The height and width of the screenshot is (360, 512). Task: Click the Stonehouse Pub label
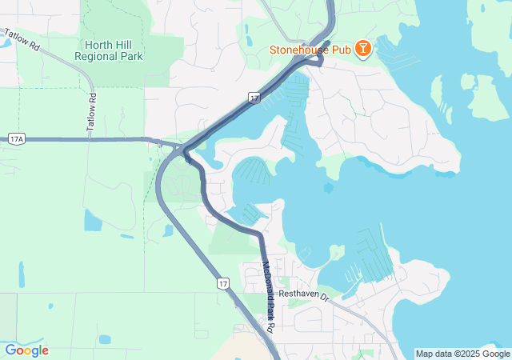(314, 50)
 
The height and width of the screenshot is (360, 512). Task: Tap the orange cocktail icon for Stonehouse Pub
(363, 49)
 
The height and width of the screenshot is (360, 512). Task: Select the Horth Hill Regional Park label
(109, 50)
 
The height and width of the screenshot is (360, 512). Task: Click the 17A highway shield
(18, 138)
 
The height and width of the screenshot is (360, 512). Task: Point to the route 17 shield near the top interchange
(254, 97)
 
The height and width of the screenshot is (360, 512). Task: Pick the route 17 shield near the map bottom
(222, 283)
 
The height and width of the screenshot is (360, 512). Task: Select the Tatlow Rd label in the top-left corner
(22, 41)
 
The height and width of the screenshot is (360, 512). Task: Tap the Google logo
(26, 350)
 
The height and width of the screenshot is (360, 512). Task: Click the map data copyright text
(462, 354)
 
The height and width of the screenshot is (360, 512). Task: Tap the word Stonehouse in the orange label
(302, 50)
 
